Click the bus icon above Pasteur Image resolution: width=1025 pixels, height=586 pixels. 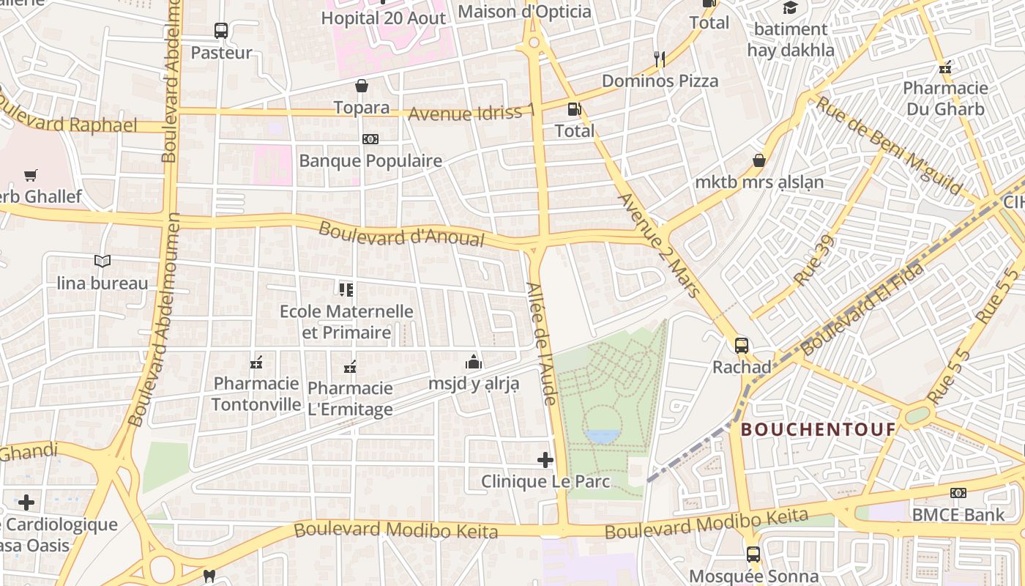pyautogui.click(x=221, y=31)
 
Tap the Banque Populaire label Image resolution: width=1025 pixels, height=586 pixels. pyautogui.click(x=370, y=160)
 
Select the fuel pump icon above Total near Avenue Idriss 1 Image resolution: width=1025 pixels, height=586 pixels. pyautogui.click(x=575, y=109)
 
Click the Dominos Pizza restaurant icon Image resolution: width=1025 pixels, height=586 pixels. pyautogui.click(x=660, y=59)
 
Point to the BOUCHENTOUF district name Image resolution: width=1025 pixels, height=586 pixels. pyautogui.click(x=819, y=429)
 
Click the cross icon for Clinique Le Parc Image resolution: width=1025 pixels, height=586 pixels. pyautogui.click(x=545, y=460)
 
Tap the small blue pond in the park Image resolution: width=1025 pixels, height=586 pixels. pyautogui.click(x=602, y=437)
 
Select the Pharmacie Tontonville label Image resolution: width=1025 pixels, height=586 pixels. pyautogui.click(x=256, y=394)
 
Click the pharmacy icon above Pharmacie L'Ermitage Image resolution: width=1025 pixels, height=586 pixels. pyautogui.click(x=350, y=366)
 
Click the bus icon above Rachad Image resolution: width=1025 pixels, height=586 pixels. pyautogui.click(x=742, y=345)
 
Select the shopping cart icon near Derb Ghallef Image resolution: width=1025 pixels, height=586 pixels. pyautogui.click(x=30, y=175)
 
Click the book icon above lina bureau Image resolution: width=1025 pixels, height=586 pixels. pyautogui.click(x=102, y=261)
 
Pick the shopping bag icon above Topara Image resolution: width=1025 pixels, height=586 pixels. pyautogui.click(x=362, y=86)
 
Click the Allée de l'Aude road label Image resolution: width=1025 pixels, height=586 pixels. pyautogui.click(x=543, y=343)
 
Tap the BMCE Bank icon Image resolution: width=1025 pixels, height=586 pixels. pyautogui.click(x=958, y=493)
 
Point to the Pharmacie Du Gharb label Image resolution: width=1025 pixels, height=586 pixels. pyautogui.click(x=945, y=99)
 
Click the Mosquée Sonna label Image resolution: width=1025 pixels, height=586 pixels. pyautogui.click(x=754, y=576)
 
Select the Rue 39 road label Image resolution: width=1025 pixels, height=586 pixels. pyautogui.click(x=813, y=261)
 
